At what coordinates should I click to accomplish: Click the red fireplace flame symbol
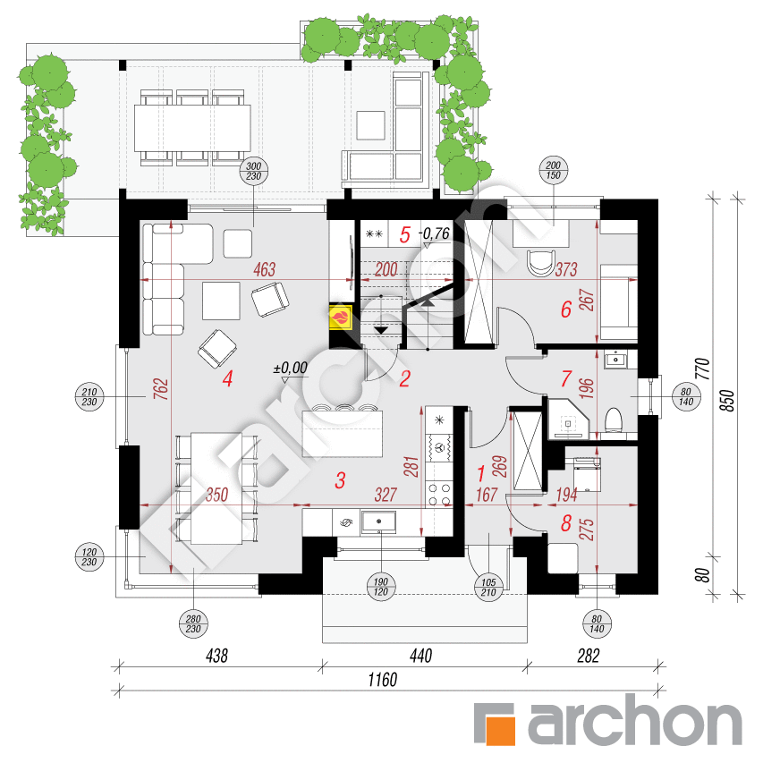click(341, 318)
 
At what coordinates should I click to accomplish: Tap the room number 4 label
click(227, 379)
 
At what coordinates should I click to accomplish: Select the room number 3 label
click(340, 480)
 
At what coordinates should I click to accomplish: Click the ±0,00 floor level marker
click(290, 367)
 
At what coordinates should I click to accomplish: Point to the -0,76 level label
click(436, 234)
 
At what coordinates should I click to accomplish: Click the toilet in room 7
click(614, 419)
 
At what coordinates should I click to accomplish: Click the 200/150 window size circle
click(552, 171)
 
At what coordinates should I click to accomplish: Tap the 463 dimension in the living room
click(264, 268)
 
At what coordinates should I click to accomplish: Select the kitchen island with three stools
click(340, 430)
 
